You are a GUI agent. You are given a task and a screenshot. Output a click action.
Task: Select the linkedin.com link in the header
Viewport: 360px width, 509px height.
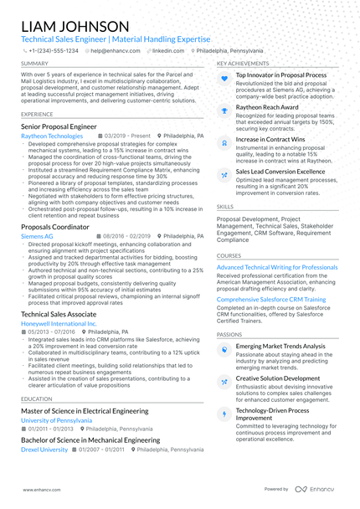coord(167,51)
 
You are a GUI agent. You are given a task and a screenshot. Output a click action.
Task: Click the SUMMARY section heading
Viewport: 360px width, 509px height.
coord(34,64)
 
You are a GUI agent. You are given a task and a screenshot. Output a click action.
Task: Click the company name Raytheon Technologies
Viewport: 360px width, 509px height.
coord(52,136)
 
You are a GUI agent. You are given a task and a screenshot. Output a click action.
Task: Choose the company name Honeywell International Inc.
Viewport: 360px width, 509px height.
coord(59,323)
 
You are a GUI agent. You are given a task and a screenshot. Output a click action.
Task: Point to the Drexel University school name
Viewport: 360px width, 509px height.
coord(44,450)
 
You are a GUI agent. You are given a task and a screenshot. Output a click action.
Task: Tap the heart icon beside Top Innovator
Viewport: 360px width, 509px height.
coord(224,78)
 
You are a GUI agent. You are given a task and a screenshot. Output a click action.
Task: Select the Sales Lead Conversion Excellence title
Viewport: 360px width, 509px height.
coord(280,172)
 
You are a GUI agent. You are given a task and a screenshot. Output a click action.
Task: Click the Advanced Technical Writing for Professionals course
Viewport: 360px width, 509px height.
coord(277,267)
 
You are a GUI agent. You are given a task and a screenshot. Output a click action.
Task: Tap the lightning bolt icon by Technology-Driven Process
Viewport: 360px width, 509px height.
coord(224,414)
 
